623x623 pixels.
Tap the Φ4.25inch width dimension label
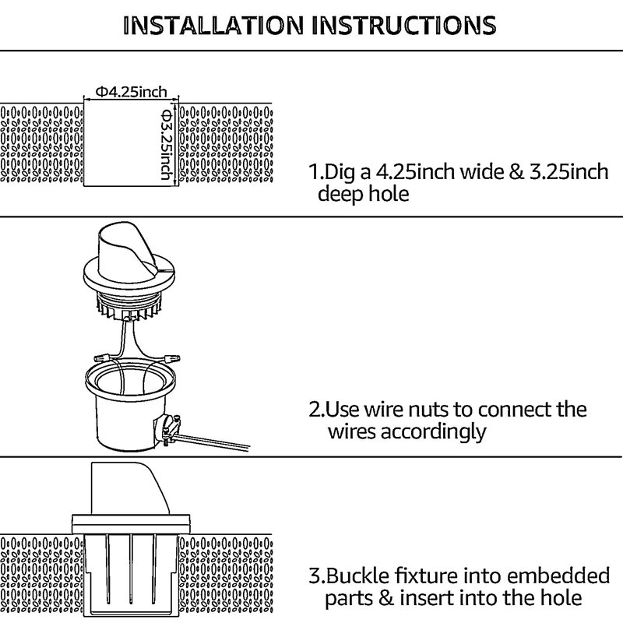coord(132,92)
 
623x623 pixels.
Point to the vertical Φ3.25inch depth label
coord(166,145)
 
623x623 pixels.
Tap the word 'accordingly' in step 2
coord(431,431)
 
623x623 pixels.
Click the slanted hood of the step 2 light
coord(129,249)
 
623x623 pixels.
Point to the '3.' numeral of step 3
coord(315,576)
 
